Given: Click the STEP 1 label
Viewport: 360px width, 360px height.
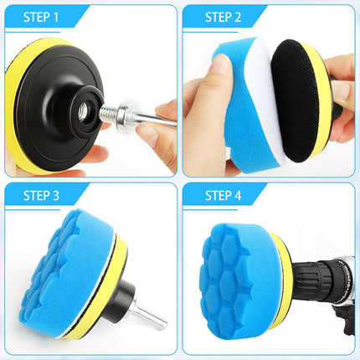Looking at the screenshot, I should tap(43, 16).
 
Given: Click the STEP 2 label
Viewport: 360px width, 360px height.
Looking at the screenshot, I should tap(221, 16).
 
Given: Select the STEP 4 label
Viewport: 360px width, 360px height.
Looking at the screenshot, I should tap(222, 196).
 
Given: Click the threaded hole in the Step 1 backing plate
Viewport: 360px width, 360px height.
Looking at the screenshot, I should tap(87, 108).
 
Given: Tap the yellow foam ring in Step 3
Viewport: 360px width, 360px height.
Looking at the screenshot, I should tap(117, 268).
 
